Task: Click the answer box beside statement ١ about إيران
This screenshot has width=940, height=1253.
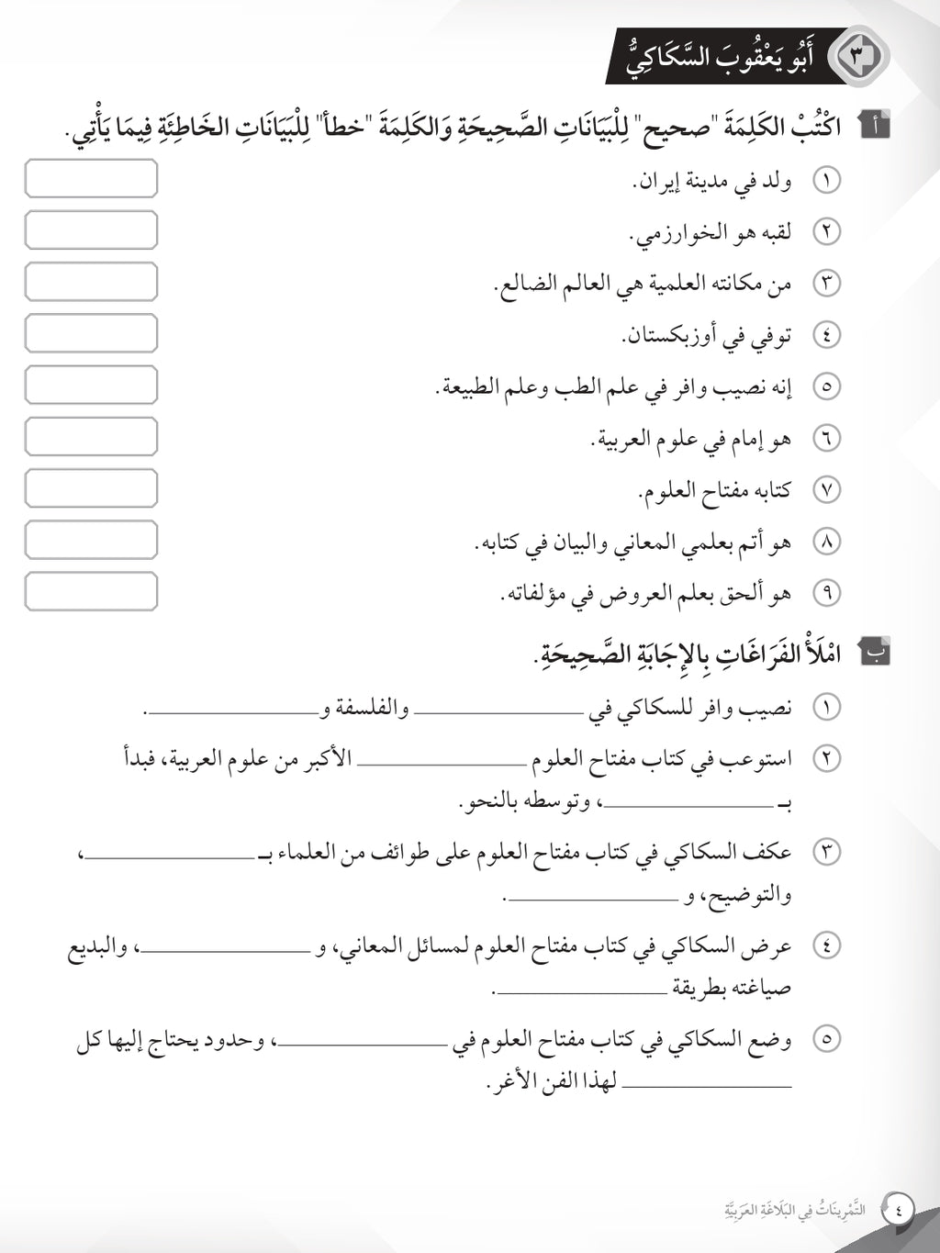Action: [x=91, y=178]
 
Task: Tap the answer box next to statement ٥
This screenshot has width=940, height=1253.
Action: [x=91, y=385]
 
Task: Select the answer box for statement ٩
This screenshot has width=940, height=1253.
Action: [x=91, y=591]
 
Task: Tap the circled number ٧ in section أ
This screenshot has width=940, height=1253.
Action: [x=827, y=490]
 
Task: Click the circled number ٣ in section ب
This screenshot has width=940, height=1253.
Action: [x=827, y=852]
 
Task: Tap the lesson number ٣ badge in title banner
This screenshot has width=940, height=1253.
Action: [x=859, y=56]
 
